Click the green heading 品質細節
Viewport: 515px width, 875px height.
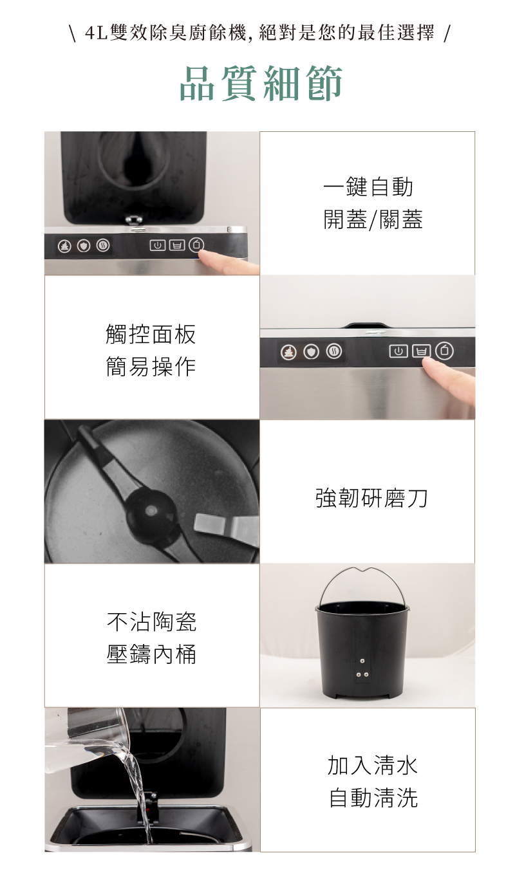coord(261,84)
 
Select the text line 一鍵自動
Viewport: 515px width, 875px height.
coord(368,187)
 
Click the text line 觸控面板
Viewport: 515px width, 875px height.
coord(151,335)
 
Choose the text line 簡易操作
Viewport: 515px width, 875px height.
coord(151,367)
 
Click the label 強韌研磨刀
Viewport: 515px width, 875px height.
coord(371,498)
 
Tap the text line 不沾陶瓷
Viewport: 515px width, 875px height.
coord(151,622)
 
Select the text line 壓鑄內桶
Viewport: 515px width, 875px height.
coord(151,654)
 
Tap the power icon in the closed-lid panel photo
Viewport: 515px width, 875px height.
coord(398,351)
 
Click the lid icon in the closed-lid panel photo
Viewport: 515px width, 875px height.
coord(444,351)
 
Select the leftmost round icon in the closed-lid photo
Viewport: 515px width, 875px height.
coord(288,351)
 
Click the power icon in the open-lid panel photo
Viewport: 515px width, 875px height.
coord(157,245)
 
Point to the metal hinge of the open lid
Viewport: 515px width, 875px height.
coord(135,221)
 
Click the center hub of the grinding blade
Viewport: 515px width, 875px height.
coord(152,510)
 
